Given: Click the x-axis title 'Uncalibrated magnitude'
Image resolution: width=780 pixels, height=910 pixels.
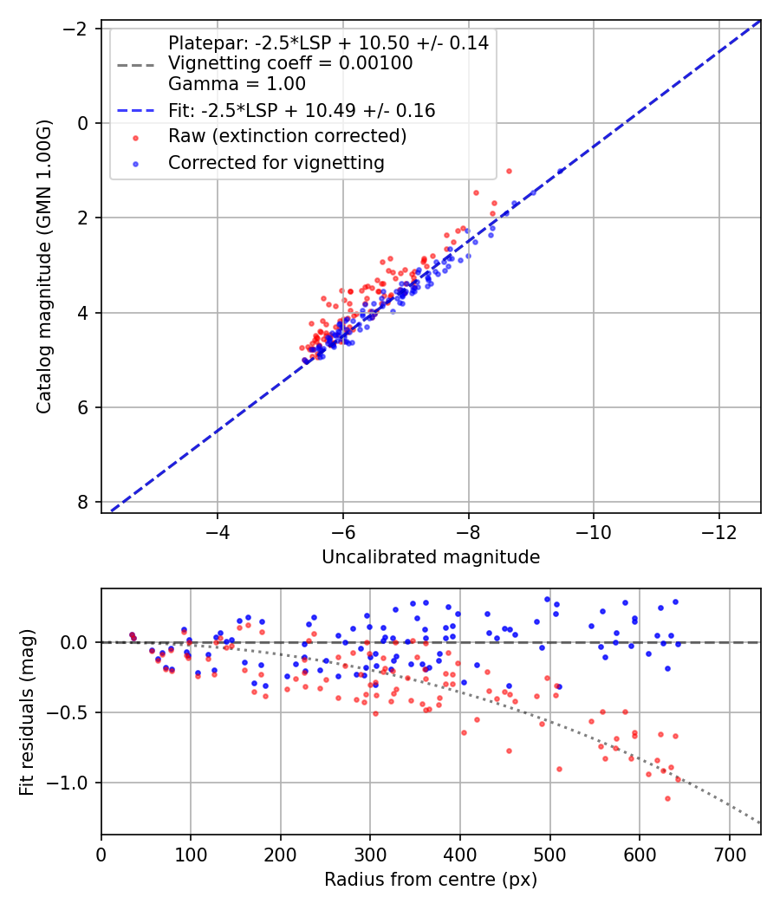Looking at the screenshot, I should coord(431,557).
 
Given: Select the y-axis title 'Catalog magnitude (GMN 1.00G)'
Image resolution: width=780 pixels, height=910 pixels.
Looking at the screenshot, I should coord(45,266).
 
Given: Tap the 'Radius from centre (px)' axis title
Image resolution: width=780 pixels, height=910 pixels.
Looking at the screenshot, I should coord(431,880).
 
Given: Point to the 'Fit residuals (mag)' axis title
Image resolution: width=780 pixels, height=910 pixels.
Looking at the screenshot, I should coord(26,712).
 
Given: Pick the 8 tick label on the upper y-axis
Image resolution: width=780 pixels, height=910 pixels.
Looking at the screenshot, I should coord(82,502).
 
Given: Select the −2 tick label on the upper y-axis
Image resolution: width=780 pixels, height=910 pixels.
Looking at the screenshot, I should coord(76,29).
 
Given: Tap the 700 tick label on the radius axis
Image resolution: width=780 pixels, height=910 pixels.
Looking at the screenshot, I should coord(729,853).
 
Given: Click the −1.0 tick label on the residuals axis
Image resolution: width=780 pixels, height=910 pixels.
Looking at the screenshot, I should coord(72,783).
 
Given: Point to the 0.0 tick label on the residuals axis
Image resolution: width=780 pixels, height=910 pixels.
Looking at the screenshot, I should coord(76,642).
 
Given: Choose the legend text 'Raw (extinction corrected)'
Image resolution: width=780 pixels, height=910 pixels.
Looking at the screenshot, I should coord(288,136).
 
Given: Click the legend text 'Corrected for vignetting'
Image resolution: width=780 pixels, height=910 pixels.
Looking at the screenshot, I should coord(276,162).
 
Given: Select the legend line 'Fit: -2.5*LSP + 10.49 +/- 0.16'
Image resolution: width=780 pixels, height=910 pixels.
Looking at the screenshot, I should coord(135,111).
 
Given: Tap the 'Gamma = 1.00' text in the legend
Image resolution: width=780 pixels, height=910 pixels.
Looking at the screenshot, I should coord(237,84).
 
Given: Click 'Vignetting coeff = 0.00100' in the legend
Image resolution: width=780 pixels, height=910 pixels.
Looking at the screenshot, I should coord(290,63).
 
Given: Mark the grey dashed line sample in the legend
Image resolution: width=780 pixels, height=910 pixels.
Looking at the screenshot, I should coord(135,64).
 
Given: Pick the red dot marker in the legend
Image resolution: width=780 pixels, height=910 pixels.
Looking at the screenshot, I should coord(135,137).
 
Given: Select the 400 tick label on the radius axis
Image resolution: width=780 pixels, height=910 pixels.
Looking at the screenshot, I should coord(460,853).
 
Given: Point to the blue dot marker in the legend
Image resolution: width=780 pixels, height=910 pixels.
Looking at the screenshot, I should coord(135,163).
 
